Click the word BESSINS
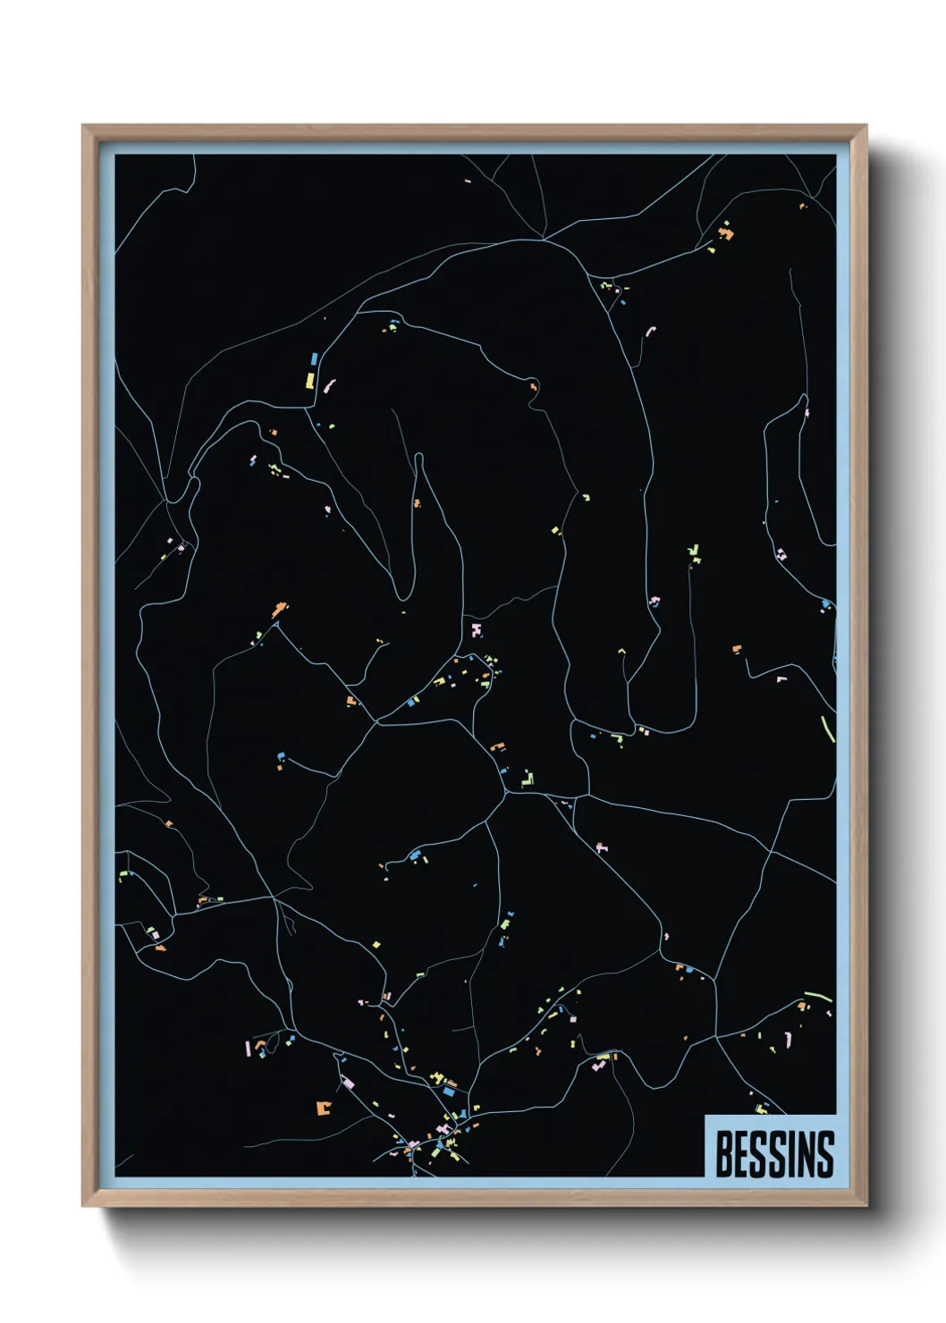click(x=774, y=1153)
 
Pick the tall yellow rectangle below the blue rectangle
click(x=309, y=380)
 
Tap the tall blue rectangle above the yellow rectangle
click(x=314, y=359)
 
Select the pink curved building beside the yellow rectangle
click(x=328, y=386)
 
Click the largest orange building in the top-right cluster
click(x=726, y=234)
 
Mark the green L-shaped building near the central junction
click(x=527, y=780)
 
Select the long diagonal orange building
click(x=280, y=611)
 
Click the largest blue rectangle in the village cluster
click(x=449, y=1091)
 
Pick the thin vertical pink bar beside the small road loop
click(x=248, y=1049)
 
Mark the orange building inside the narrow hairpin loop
click(x=416, y=503)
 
